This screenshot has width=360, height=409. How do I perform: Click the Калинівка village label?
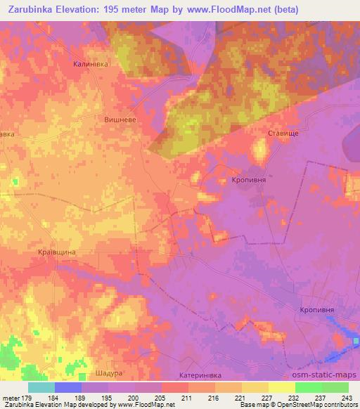click(89, 63)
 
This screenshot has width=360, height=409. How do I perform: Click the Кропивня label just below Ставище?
click(247, 180)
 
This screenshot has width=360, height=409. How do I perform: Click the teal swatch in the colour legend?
click(41, 387)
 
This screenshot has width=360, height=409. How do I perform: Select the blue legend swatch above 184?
click(68, 387)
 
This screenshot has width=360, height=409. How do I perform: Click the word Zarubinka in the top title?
click(36, 9)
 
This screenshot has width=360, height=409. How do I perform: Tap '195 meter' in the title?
click(143, 9)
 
